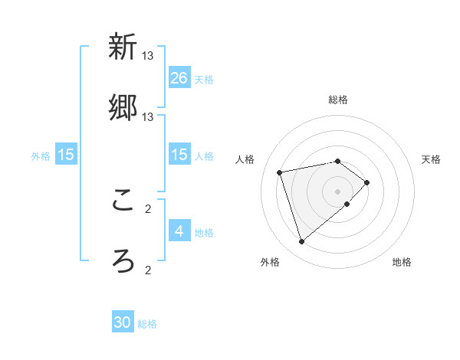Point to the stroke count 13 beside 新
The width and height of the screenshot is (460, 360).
[148, 56]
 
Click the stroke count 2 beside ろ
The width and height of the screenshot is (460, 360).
[148, 270]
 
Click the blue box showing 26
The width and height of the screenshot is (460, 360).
[179, 77]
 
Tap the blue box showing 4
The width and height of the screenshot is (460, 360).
[179, 231]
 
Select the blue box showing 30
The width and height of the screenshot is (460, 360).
[123, 322]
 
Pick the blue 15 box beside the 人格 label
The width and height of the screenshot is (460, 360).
[179, 154]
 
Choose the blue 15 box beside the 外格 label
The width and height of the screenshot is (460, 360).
[66, 154]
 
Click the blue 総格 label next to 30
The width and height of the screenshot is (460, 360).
[147, 324]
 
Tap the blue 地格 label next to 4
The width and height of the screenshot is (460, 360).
[204, 232]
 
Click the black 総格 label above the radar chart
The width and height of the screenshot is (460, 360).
[338, 100]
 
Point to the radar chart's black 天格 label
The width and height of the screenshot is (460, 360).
[432, 159]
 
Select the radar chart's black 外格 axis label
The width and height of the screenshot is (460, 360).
[269, 262]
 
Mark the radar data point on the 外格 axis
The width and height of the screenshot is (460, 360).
[301, 242]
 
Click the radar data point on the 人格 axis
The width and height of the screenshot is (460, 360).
[280, 172]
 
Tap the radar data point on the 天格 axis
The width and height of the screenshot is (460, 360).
[367, 182]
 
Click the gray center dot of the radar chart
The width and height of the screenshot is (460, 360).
[338, 191]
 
